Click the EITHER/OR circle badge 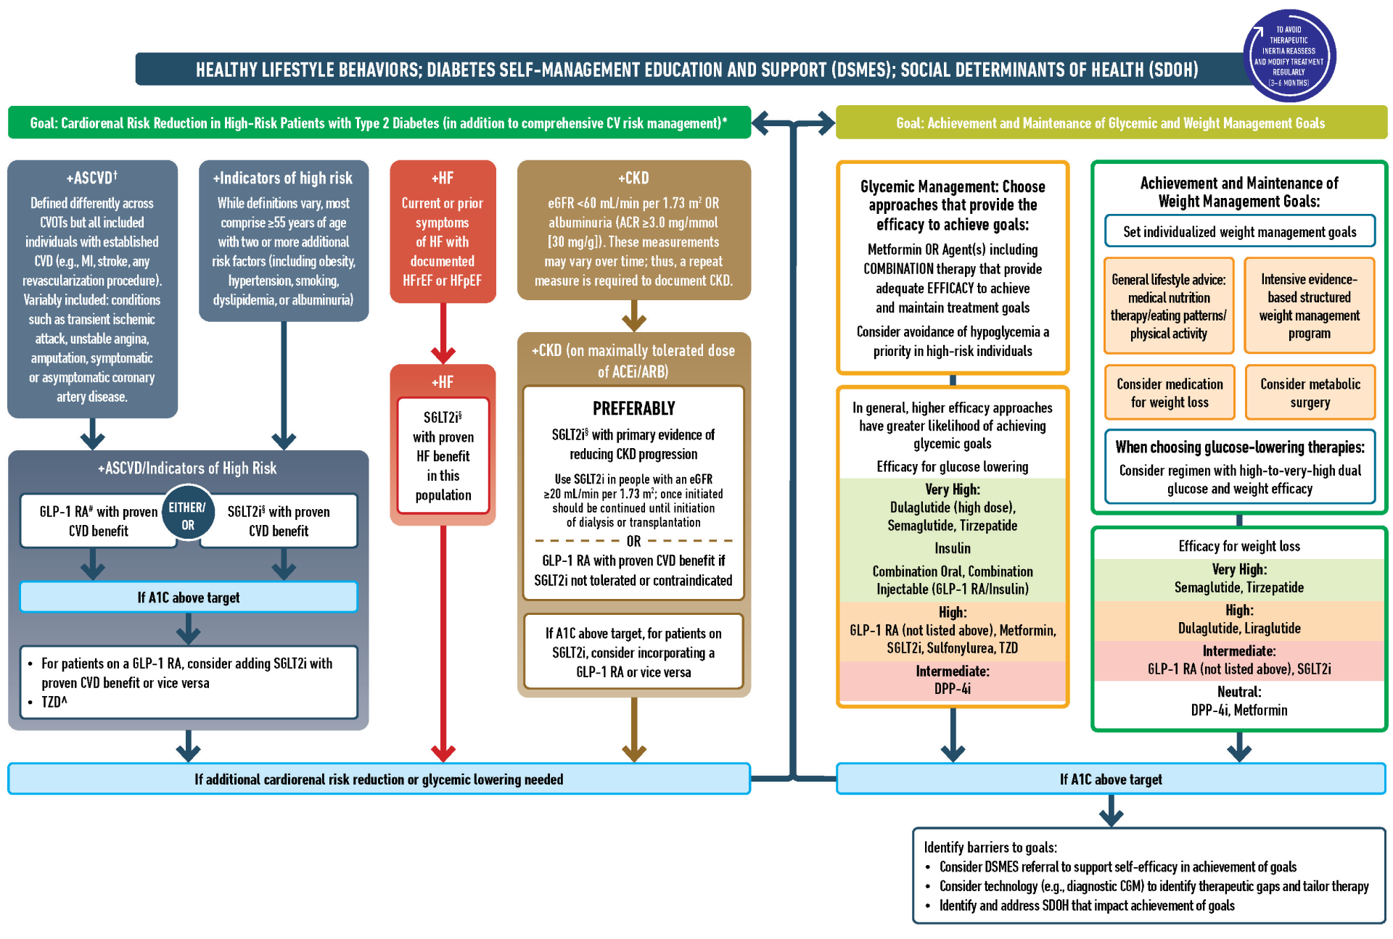[x=188, y=516]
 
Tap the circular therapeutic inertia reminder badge [x=1289, y=56]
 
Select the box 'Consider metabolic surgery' [x=1310, y=393]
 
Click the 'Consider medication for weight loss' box [x=1170, y=393]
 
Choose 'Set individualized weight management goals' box [x=1239, y=232]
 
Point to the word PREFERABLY [x=633, y=408]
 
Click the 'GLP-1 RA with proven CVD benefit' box [x=98, y=521]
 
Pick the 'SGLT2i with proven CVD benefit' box [x=279, y=521]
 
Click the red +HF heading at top [x=443, y=178]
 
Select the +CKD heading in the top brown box [x=633, y=178]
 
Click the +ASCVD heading [x=91, y=178]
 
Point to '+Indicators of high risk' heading [x=283, y=178]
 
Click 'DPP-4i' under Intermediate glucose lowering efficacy [x=952, y=689]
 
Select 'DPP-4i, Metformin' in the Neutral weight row [x=1239, y=711]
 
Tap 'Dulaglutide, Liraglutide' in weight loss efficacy [x=1239, y=629]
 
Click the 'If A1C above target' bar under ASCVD [x=189, y=597]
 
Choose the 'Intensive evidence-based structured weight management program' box [x=1310, y=306]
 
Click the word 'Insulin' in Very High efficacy [x=952, y=548]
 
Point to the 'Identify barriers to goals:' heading [x=990, y=848]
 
